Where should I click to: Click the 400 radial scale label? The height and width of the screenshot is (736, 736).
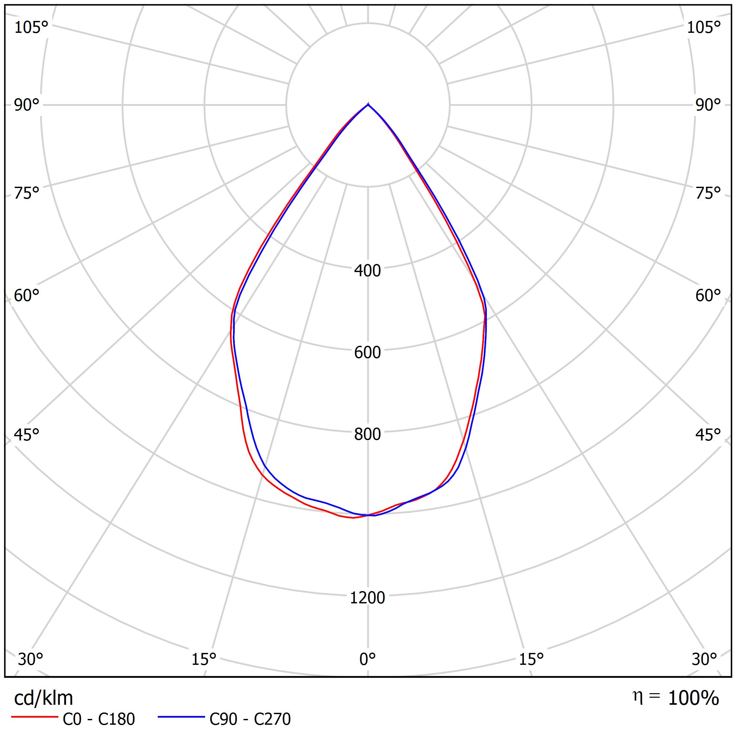[x=367, y=270]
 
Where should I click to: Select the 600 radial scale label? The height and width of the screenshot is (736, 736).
[x=367, y=352]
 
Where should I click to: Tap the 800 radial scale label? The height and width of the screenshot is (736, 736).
[x=367, y=434]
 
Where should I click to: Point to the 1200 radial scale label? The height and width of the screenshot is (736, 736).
[x=367, y=598]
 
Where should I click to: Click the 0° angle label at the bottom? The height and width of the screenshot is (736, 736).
[x=367, y=659]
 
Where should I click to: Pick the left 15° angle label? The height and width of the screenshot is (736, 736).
[x=204, y=659]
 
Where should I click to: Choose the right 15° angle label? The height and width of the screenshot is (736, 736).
[x=531, y=659]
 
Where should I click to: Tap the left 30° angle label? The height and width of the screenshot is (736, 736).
[x=31, y=659]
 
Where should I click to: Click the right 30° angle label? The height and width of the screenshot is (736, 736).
[x=704, y=659]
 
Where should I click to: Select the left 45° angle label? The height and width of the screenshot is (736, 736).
[x=27, y=435]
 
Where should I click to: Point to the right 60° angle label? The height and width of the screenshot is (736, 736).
[x=708, y=295]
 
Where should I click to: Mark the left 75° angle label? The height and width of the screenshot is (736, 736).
[x=27, y=193]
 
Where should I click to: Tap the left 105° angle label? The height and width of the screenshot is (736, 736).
[x=31, y=27]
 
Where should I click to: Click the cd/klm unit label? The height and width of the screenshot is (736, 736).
[x=43, y=698]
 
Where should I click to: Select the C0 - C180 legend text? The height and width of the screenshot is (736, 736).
[x=99, y=719]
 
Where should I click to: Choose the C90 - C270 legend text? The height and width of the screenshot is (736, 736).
[x=250, y=719]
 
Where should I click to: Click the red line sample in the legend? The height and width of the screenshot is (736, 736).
[x=34, y=717]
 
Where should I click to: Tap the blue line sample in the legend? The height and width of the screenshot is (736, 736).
[x=181, y=717]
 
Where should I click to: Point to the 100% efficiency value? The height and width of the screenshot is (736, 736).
[x=693, y=698]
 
